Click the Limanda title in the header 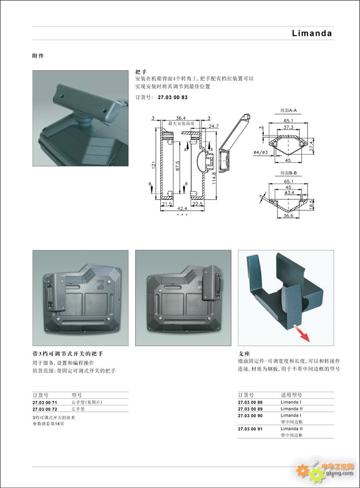312,33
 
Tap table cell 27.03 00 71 45,403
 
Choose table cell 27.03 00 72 45,409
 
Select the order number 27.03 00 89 250,409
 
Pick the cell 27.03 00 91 250,429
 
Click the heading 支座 244,354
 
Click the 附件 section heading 38,56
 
